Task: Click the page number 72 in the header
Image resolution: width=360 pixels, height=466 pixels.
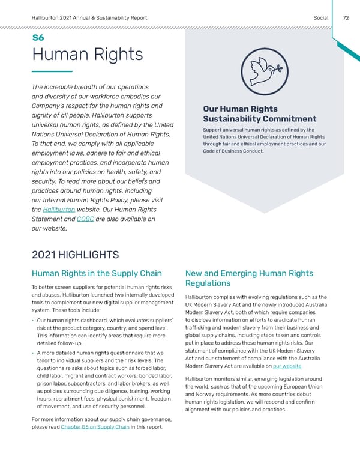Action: (x=346, y=18)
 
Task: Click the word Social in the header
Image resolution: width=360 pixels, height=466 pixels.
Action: (x=321, y=18)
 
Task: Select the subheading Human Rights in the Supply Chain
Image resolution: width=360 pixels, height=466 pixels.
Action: (x=96, y=274)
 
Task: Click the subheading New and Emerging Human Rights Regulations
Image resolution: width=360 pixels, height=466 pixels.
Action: (x=249, y=278)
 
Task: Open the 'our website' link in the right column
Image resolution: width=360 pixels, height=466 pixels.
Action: (x=287, y=367)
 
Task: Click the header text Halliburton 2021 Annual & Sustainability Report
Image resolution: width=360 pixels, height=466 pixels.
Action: (x=93, y=18)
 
